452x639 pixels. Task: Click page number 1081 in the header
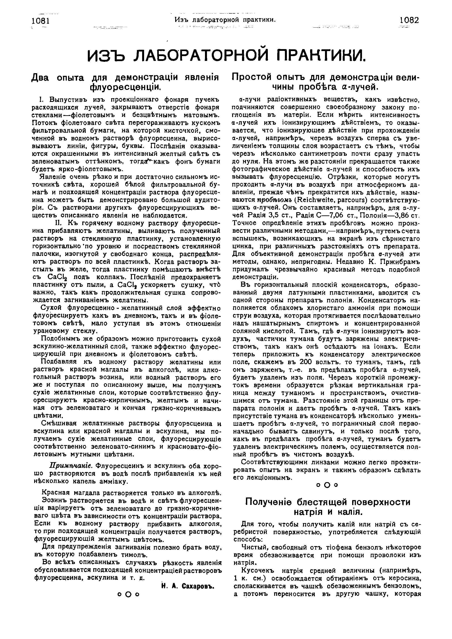(41, 21)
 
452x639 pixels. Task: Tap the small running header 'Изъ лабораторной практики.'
(225, 20)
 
